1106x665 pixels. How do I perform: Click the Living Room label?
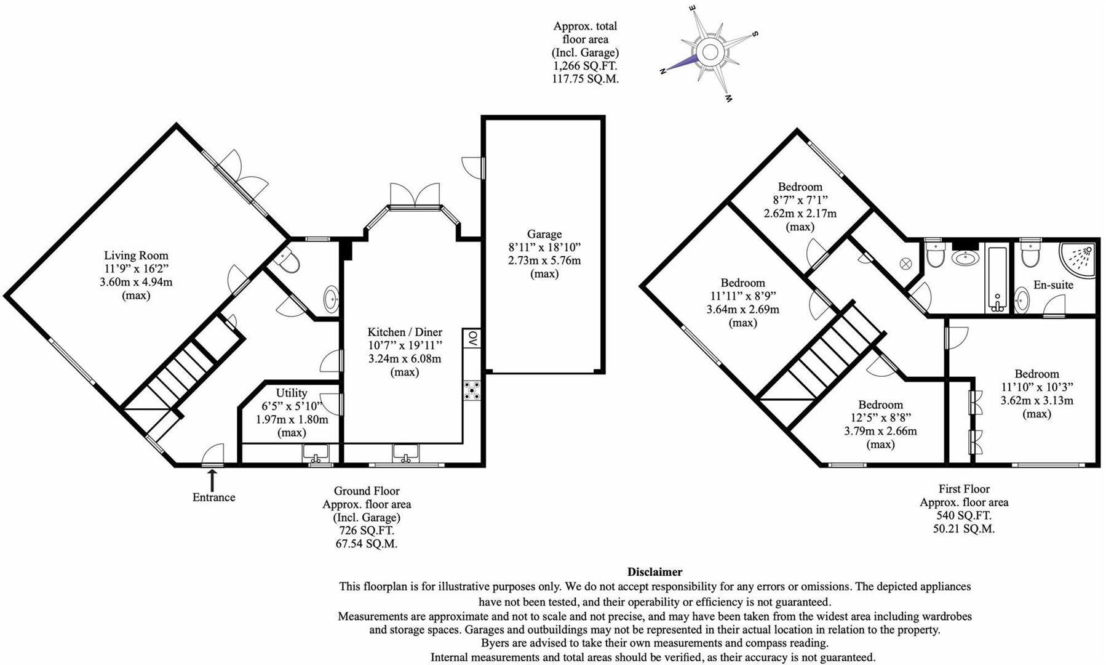coord(136,256)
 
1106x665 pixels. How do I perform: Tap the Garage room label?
coord(544,234)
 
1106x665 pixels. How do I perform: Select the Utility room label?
coord(292,393)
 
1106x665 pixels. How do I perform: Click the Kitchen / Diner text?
coord(405,332)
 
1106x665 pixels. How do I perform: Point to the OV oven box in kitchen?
coord(472,338)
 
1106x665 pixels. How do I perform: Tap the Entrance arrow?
coord(213,479)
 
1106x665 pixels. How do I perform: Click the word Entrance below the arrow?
coord(213,498)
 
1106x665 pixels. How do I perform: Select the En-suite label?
coord(1053,285)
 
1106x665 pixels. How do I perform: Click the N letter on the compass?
coord(663,71)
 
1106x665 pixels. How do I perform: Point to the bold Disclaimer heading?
coord(654,572)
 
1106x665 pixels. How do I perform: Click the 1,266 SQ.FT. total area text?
coord(585,66)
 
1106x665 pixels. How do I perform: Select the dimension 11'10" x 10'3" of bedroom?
coord(1036,387)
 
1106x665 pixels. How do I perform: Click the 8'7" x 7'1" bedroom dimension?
coord(800,200)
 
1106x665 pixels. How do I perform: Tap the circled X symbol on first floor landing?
coord(905,263)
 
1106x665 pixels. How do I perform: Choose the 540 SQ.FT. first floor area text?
coord(963,515)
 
